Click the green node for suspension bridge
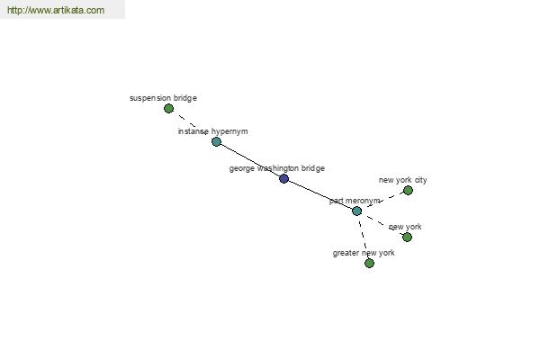pyautogui.click(x=168, y=109)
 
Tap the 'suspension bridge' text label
pyautogui.click(x=163, y=98)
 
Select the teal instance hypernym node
pyautogui.click(x=216, y=141)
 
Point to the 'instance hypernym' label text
pyautogui.click(x=212, y=131)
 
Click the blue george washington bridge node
pyautogui.click(x=283, y=178)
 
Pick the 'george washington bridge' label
pyautogui.click(x=277, y=168)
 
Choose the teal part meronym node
pyautogui.click(x=356, y=211)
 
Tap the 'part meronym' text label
pyautogui.click(x=355, y=201)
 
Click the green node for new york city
pyautogui.click(x=408, y=190)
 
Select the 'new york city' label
pyautogui.click(x=402, y=180)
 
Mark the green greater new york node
pyautogui.click(x=369, y=263)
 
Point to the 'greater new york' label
pyautogui.click(x=364, y=253)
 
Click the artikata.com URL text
pyautogui.click(x=56, y=10)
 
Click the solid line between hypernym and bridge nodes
pyautogui.click(x=250, y=160)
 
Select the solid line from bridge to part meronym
pyautogui.click(x=320, y=194)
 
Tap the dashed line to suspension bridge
pyautogui.click(x=193, y=125)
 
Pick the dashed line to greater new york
pyautogui.click(x=363, y=237)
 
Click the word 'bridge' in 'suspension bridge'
pyautogui.click(x=185, y=98)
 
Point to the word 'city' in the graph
pyautogui.click(x=420, y=180)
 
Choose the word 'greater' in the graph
pyautogui.click(x=346, y=254)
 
